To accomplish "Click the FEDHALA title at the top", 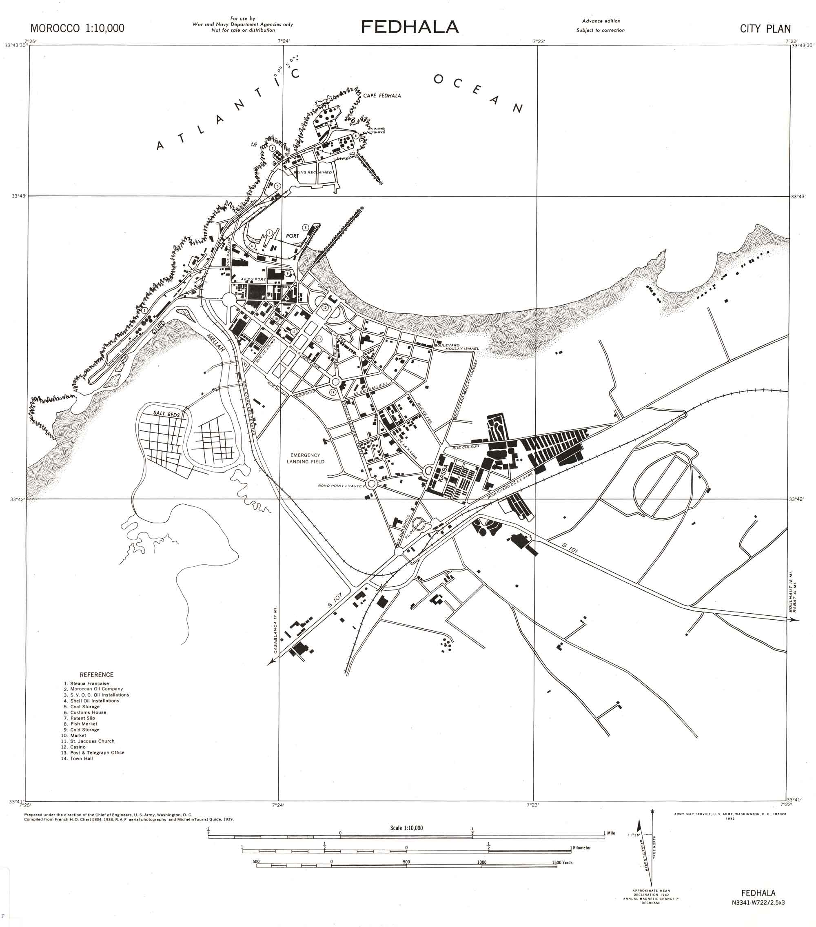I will tap(410, 27).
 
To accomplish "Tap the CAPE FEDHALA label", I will tap(382, 96).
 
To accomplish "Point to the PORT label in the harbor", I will tap(293, 236).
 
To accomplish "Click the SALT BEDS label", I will tap(166, 414).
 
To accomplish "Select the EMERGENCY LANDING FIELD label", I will tap(305, 458).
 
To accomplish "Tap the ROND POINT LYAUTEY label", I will tap(341, 486).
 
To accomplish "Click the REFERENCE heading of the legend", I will tap(96, 675).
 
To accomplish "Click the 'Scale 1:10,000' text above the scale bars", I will tap(406, 828).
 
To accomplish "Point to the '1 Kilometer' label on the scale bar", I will tap(580, 847).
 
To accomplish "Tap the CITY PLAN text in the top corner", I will tap(765, 29).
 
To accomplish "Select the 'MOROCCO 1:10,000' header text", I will tap(77, 28).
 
